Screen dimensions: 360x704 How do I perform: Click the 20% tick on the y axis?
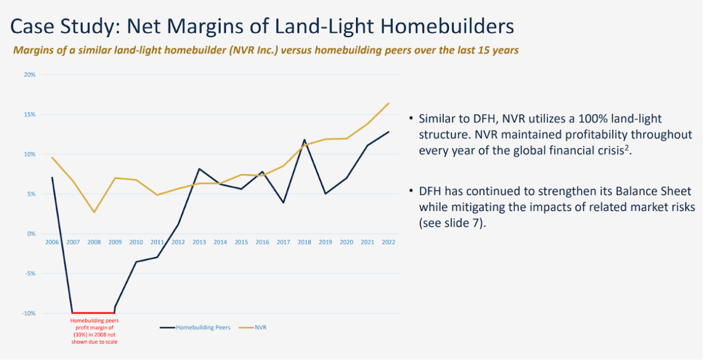pyautogui.click(x=30, y=75)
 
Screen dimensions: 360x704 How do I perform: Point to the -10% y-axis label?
pyautogui.click(x=29, y=313)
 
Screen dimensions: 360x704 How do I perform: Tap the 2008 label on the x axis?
pyautogui.click(x=94, y=242)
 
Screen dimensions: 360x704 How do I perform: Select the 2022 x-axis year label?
pyautogui.click(x=388, y=242)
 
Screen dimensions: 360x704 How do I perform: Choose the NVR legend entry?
pyautogui.click(x=260, y=328)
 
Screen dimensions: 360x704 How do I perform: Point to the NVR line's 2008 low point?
pyautogui.click(x=94, y=212)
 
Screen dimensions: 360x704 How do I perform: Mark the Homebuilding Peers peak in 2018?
pyautogui.click(x=305, y=140)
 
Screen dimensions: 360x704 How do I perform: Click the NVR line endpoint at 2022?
pyautogui.click(x=389, y=103)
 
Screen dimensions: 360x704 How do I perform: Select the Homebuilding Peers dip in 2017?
pyautogui.click(x=284, y=203)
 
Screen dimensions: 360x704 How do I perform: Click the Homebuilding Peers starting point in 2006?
pyautogui.click(x=52, y=178)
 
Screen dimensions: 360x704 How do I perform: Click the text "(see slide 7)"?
pyautogui.click(x=452, y=223)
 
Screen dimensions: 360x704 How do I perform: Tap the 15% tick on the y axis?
pyautogui.click(x=30, y=115)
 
